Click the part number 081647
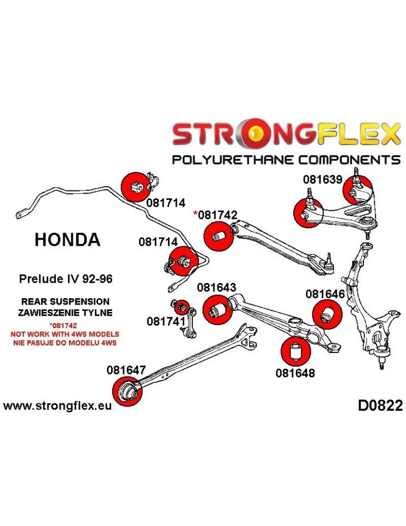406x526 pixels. tap(127, 370)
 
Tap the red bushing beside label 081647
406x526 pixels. tap(127, 392)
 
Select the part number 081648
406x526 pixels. tap(295, 373)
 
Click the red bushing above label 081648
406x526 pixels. tap(294, 350)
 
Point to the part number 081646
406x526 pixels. tap(324, 294)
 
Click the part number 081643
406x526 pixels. tap(216, 288)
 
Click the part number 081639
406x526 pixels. tap(322, 179)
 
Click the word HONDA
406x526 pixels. tap(67, 240)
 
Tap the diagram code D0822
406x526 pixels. tap(380, 406)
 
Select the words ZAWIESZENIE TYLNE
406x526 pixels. tap(65, 312)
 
